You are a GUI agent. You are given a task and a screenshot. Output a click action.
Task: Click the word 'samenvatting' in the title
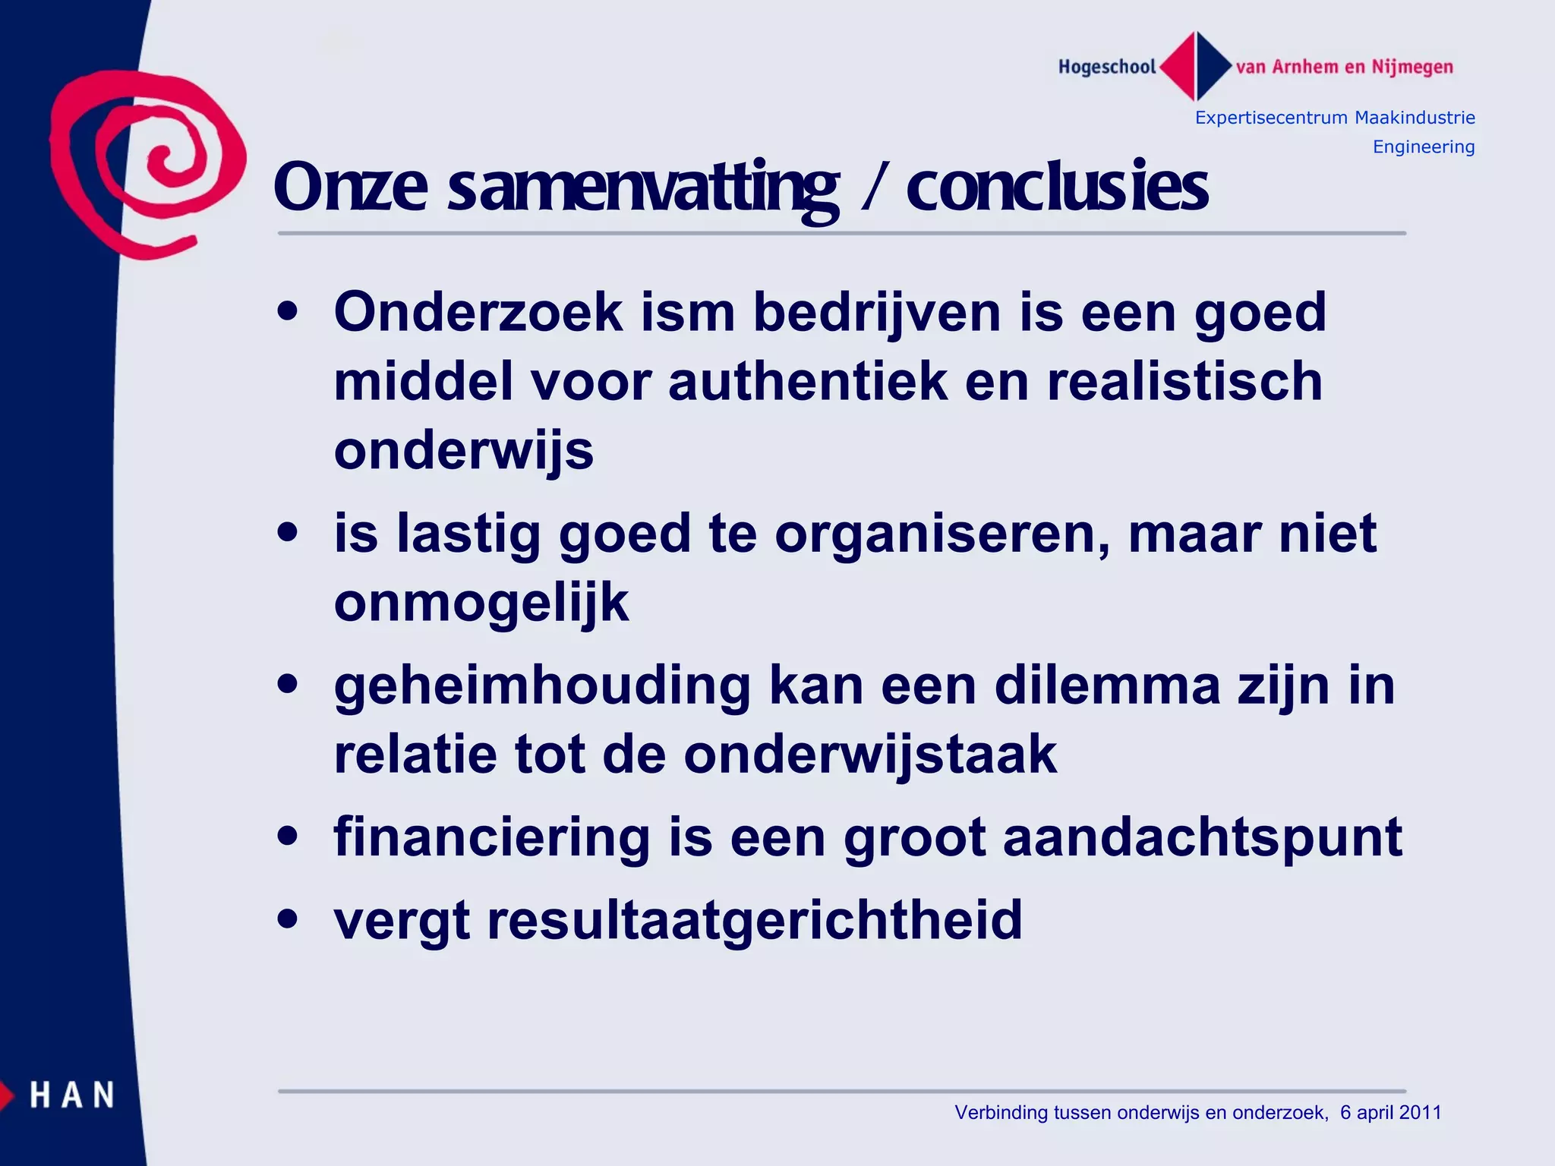[644, 188]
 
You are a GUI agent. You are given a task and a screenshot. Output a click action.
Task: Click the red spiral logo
[148, 163]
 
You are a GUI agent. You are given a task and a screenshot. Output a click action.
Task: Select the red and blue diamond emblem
[1196, 66]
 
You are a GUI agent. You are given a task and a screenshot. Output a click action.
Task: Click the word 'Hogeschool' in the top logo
[1106, 67]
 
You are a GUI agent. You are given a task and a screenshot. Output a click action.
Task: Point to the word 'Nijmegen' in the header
[1412, 67]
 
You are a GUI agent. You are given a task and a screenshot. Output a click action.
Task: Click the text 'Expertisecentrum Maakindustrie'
[1335, 118]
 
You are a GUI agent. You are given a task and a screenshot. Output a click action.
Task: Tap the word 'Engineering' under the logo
[1424, 147]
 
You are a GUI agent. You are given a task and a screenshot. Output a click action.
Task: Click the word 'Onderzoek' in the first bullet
[478, 312]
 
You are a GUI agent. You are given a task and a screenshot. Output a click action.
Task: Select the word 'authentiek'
[808, 381]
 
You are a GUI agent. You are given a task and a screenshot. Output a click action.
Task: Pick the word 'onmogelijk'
[481, 603]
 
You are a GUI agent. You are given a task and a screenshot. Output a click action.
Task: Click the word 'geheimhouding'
[542, 685]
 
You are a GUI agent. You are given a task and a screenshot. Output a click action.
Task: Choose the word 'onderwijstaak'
[870, 755]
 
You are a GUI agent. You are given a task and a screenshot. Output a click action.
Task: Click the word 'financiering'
[491, 838]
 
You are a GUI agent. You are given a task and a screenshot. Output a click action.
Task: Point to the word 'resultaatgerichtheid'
[755, 920]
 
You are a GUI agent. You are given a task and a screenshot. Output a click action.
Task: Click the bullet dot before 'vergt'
[288, 919]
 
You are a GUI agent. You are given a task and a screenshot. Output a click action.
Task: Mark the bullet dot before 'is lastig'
[288, 532]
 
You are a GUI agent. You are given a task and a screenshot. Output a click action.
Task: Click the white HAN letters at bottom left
[72, 1095]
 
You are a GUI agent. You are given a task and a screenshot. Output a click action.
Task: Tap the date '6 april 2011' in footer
[1390, 1112]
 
